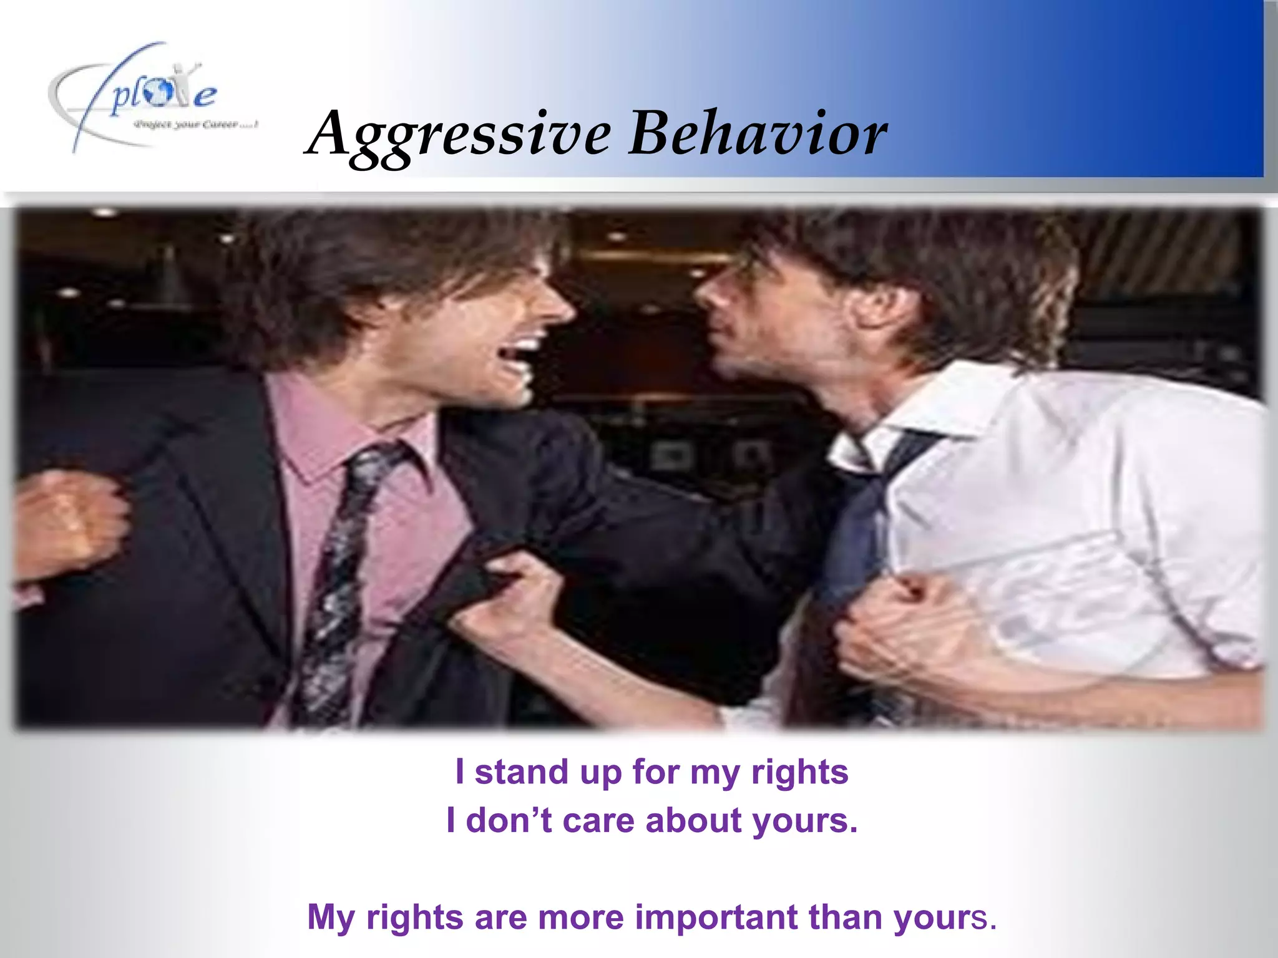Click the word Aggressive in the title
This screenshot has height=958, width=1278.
click(459, 134)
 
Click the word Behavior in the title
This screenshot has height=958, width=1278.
click(757, 133)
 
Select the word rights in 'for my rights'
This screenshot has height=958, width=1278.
click(799, 773)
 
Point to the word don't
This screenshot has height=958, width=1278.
click(509, 820)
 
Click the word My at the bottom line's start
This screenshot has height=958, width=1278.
click(331, 917)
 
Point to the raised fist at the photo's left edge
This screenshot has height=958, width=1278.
click(69, 521)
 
